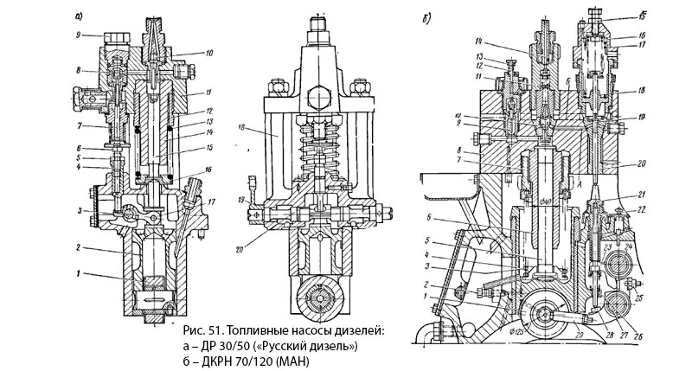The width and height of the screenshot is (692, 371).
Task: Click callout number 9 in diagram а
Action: [x=79, y=35]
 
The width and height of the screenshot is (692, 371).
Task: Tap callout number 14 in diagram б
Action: [x=477, y=41]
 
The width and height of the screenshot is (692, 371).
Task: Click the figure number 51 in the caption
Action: [x=214, y=331]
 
